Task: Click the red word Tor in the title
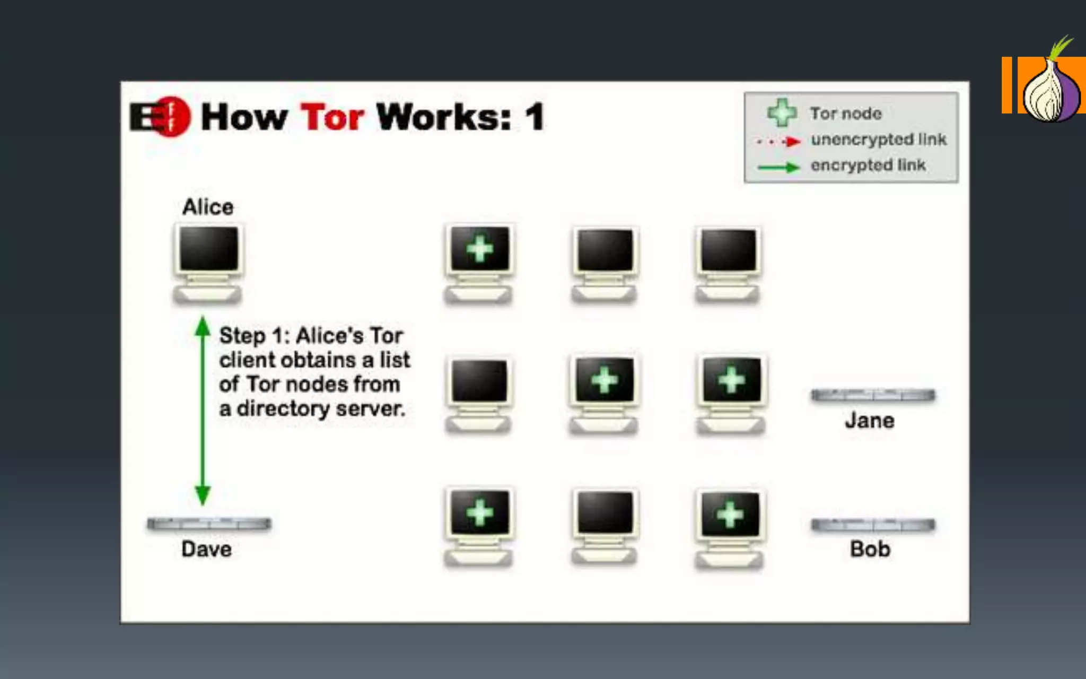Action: click(x=332, y=117)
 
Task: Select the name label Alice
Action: click(x=208, y=207)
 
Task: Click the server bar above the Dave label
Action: click(x=209, y=524)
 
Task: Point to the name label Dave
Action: click(x=206, y=549)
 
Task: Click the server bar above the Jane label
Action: click(x=873, y=395)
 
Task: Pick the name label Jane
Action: click(x=870, y=421)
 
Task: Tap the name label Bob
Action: click(x=870, y=549)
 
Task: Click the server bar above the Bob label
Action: click(x=873, y=525)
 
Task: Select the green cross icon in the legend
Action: click(x=782, y=112)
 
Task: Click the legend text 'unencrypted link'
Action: click(x=878, y=140)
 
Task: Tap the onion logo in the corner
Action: click(x=1051, y=88)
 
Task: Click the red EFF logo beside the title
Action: click(x=161, y=117)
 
